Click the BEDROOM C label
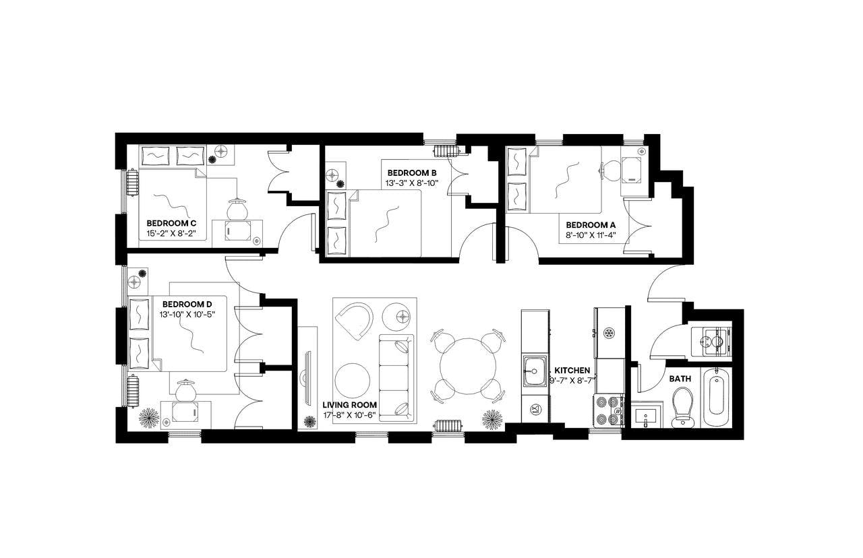coord(171,223)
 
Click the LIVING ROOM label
coord(349,405)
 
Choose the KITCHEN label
coord(572,371)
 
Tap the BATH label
coord(680,379)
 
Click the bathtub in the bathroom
coord(715,397)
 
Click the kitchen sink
coord(535,369)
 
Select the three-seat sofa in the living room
coord(398,377)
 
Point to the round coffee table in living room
coord(352,381)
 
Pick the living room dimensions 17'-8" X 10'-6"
coord(349,414)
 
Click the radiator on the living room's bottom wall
coord(447,426)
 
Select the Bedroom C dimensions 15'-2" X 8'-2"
coord(171,233)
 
